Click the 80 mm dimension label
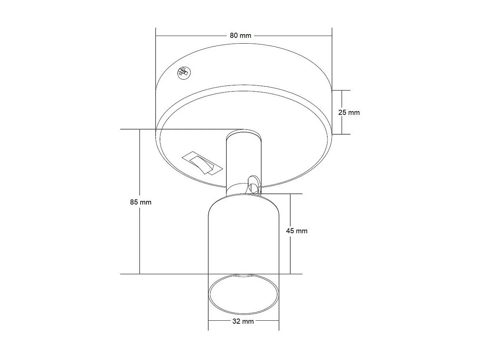click(x=240, y=36)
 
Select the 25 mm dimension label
click(x=349, y=112)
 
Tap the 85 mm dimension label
click(x=141, y=202)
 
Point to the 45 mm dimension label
click(x=297, y=231)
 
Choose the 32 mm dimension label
click(x=243, y=321)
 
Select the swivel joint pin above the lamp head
click(x=253, y=184)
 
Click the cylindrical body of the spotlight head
click(x=243, y=236)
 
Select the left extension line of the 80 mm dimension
click(x=156, y=73)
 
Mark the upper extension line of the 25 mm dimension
click(x=342, y=90)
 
